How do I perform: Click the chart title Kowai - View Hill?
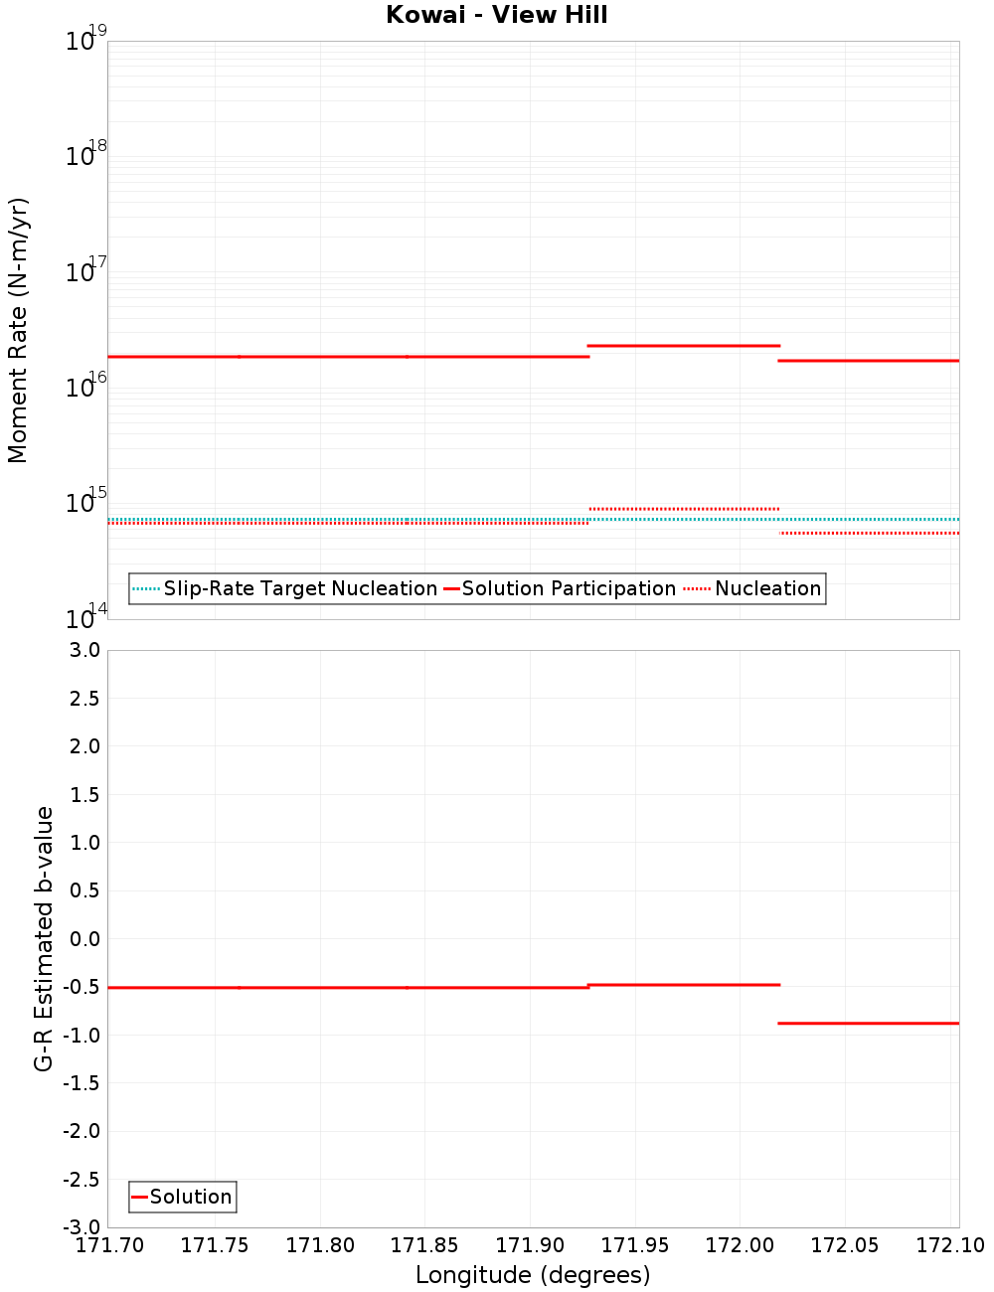click(496, 15)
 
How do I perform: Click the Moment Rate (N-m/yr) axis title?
click(18, 330)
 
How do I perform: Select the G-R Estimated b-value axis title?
click(44, 938)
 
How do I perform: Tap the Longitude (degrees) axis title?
click(533, 1275)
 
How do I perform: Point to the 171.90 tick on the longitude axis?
click(530, 1245)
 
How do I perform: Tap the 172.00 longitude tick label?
click(740, 1245)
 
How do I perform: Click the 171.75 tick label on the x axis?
click(215, 1245)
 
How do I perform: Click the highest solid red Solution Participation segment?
click(683, 346)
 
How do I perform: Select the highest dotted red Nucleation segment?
click(683, 509)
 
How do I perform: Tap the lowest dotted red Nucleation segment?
click(869, 534)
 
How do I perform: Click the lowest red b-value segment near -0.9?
click(869, 1023)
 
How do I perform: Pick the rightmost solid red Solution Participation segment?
click(869, 361)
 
